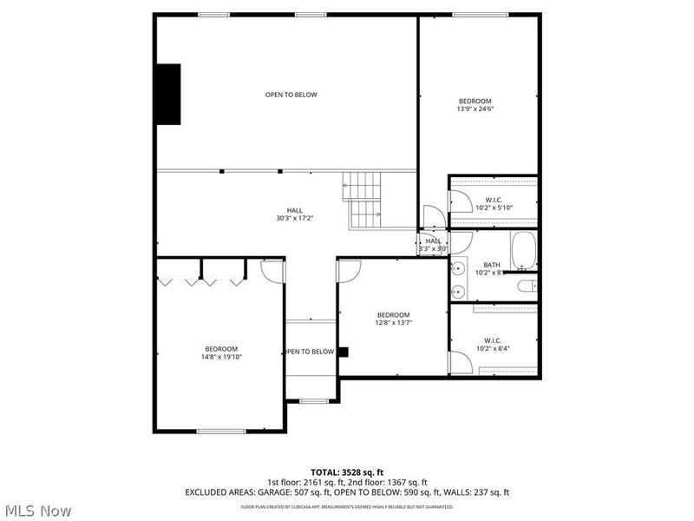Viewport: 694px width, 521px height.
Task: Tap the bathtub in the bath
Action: click(524, 252)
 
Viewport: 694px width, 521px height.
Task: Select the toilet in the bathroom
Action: click(527, 286)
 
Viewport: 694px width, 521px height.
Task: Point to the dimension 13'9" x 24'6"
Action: click(475, 109)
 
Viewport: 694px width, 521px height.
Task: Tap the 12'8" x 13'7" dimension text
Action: click(393, 322)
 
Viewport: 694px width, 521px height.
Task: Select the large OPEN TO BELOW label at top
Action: click(291, 95)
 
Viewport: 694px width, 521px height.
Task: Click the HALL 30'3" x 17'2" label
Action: click(295, 214)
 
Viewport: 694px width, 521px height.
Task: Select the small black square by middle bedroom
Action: click(343, 352)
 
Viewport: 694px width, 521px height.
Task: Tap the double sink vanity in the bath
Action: click(457, 278)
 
